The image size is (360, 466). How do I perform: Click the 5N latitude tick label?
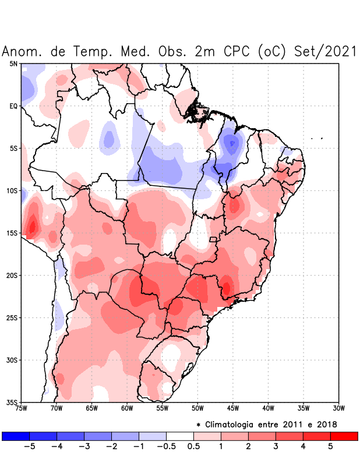tap(13, 63)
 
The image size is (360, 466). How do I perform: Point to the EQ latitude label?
tap(13, 106)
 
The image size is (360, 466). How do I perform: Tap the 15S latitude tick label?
tap(12, 233)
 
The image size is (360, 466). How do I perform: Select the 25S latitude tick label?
tap(12, 317)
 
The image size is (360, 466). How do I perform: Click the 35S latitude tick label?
tap(12, 402)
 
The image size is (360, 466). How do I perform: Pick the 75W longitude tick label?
tap(21, 408)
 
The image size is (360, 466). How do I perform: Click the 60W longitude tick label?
tap(127, 408)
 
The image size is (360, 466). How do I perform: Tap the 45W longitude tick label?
tap(233, 408)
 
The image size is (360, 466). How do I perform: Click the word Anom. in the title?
tap(24, 51)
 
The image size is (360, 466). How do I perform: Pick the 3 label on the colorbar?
tap(276, 447)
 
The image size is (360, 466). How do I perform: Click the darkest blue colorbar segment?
tap(16, 436)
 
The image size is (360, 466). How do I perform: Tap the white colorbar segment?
tap(180, 436)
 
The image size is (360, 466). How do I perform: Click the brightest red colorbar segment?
tap(344, 436)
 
